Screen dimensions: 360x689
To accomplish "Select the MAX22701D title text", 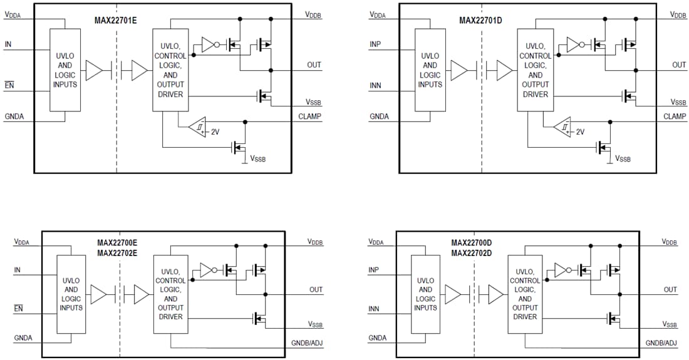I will pyautogui.click(x=480, y=20).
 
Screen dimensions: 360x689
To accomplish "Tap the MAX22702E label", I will pyautogui.click(x=117, y=253).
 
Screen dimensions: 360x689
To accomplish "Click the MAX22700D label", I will pyautogui.click(x=472, y=242).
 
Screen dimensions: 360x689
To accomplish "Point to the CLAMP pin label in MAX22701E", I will pyautogui.click(x=310, y=116).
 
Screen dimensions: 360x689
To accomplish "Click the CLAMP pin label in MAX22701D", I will pyautogui.click(x=675, y=116).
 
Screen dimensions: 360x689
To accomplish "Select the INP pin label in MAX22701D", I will pyautogui.click(x=375, y=44).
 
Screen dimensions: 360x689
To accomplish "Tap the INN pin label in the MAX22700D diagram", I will pyautogui.click(x=375, y=309).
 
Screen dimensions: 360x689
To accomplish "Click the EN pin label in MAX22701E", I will pyautogui.click(x=9, y=84).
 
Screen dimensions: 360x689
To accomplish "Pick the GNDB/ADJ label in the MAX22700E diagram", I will pyautogui.click(x=307, y=343).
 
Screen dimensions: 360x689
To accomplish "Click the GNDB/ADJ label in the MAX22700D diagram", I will pyautogui.click(x=661, y=343).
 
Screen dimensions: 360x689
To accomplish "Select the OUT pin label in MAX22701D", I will pyautogui.click(x=679, y=64).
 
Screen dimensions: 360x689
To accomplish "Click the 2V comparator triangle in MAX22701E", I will pyautogui.click(x=197, y=127).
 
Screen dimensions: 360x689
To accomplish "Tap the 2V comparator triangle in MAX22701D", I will pyautogui.click(x=562, y=127).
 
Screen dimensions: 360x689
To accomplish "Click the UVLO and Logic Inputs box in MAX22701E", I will pyautogui.click(x=65, y=70).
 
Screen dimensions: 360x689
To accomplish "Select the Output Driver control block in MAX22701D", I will pyautogui.click(x=534, y=70).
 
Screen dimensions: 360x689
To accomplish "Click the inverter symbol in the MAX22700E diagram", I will pyautogui.click(x=208, y=270).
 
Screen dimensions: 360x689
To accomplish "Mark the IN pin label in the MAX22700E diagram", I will pyautogui.click(x=17, y=270).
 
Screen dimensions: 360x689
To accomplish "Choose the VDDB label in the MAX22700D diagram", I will pyautogui.click(x=669, y=242).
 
